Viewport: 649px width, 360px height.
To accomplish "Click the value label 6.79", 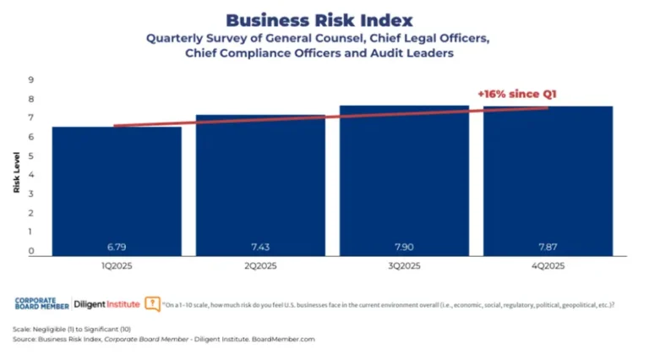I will pyautogui.click(x=116, y=247).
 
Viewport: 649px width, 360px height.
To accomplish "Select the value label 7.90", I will pyautogui.click(x=404, y=247).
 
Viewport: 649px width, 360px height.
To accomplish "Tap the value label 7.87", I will pyautogui.click(x=548, y=247).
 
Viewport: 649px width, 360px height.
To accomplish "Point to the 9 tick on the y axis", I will pyautogui.click(x=30, y=80).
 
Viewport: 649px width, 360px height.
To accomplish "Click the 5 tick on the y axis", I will pyautogui.click(x=30, y=156).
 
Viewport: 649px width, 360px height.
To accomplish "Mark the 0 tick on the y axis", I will pyautogui.click(x=30, y=251).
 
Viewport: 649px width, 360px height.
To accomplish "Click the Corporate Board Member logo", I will pyautogui.click(x=41, y=303).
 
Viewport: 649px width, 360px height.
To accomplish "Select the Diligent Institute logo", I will pyautogui.click(x=106, y=303).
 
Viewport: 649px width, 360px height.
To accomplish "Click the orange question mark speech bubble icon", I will pyautogui.click(x=152, y=303).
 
